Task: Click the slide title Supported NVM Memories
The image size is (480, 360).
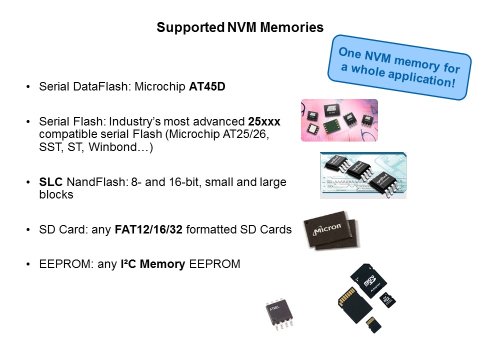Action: tap(240, 27)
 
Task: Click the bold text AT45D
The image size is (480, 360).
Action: tap(207, 86)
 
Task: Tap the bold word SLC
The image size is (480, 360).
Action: tap(49, 182)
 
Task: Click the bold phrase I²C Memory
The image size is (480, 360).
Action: tap(152, 264)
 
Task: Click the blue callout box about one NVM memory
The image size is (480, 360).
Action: tap(399, 66)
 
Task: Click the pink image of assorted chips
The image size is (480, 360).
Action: tap(339, 120)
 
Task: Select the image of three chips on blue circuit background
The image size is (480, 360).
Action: tap(363, 175)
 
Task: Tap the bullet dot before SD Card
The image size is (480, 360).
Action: tap(28, 230)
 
